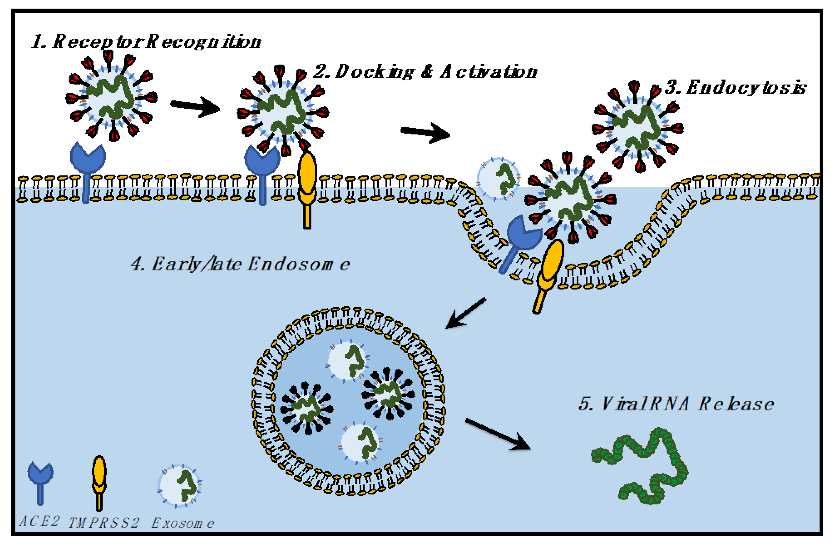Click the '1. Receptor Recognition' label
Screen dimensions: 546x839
(x=146, y=42)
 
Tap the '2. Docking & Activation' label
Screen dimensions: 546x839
(x=425, y=72)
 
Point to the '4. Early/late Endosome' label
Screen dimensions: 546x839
(x=240, y=264)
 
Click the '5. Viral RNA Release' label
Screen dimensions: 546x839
(x=675, y=404)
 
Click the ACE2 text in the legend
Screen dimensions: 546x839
(x=39, y=522)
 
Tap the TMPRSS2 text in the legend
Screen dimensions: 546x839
(x=104, y=523)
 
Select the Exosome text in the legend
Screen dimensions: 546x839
(x=183, y=523)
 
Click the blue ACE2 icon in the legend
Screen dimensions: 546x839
(x=40, y=480)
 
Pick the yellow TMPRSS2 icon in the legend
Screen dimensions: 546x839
(x=99, y=480)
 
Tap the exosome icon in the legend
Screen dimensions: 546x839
(x=180, y=485)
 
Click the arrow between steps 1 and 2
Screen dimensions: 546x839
(x=195, y=106)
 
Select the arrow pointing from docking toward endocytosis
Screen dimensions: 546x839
(x=425, y=133)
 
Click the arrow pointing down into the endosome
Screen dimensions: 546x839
(x=465, y=313)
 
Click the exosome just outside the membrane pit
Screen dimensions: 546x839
(x=498, y=178)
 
